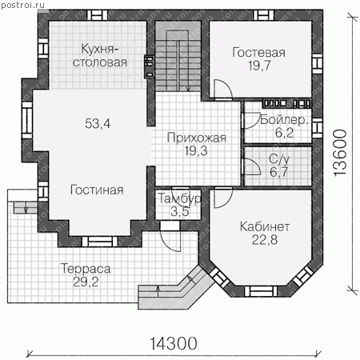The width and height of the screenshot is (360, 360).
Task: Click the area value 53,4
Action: click(x=98, y=124)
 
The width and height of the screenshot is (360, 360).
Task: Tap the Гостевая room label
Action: click(x=258, y=53)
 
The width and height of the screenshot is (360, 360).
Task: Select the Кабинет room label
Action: click(x=265, y=226)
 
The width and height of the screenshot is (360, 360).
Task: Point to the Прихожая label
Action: click(x=197, y=138)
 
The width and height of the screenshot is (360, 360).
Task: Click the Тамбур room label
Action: click(x=180, y=198)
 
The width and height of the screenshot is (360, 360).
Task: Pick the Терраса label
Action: click(x=86, y=269)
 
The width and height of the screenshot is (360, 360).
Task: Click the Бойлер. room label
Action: click(x=284, y=120)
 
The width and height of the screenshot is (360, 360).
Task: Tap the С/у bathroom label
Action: click(x=279, y=159)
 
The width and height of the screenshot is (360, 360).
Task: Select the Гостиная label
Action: click(x=97, y=190)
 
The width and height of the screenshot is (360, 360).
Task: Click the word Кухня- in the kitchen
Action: click(x=100, y=49)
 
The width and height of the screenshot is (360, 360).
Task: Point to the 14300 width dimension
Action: click(x=174, y=343)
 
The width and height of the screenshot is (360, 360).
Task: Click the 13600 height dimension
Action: click(x=340, y=153)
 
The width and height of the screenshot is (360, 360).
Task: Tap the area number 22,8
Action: click(x=265, y=240)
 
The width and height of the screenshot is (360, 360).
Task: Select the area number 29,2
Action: click(x=86, y=282)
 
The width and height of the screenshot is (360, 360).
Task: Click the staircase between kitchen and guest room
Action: click(x=178, y=61)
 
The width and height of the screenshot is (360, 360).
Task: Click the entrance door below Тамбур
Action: click(x=170, y=240)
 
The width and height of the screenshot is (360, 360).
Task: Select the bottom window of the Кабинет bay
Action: click(x=259, y=291)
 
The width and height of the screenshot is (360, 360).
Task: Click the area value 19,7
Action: click(x=259, y=66)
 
